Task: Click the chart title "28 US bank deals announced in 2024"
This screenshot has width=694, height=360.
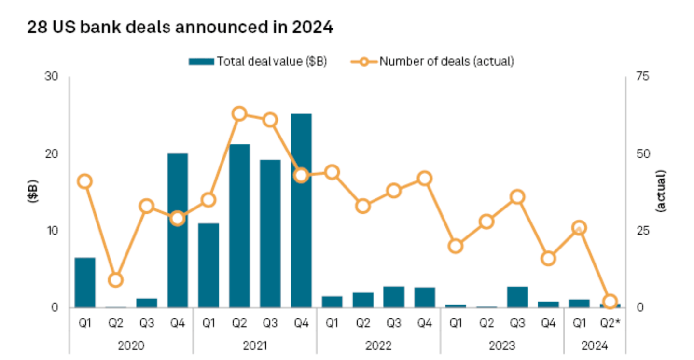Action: click(x=180, y=28)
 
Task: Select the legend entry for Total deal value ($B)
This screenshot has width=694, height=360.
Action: click(x=258, y=61)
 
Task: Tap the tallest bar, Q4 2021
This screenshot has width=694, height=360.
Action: click(x=301, y=210)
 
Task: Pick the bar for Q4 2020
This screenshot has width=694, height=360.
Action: click(x=178, y=230)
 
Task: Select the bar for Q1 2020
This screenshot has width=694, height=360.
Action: click(x=85, y=282)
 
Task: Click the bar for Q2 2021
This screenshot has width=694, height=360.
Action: click(x=239, y=225)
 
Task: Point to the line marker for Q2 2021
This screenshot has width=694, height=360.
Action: click(x=239, y=114)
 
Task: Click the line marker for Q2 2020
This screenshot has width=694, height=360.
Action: click(x=115, y=280)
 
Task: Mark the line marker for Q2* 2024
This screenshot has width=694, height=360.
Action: click(x=610, y=302)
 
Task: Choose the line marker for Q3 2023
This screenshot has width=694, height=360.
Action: click(x=517, y=197)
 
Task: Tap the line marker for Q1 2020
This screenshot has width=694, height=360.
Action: click(x=85, y=181)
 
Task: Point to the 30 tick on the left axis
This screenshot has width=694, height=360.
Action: click(x=51, y=77)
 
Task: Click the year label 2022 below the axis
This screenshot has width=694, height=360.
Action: click(x=378, y=346)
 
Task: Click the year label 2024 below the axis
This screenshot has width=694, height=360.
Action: click(x=595, y=346)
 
